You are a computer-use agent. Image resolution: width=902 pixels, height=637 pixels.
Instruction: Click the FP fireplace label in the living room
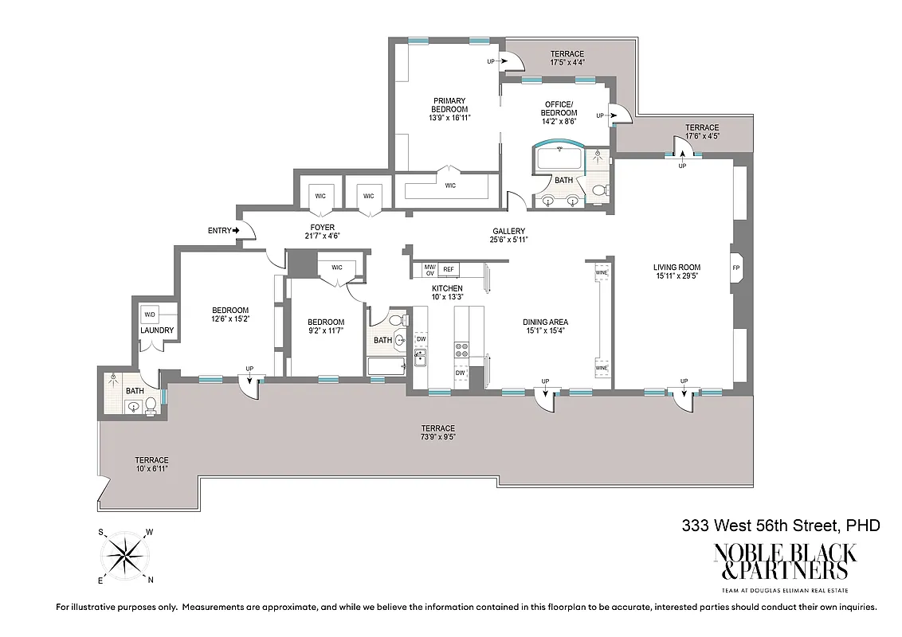(x=735, y=268)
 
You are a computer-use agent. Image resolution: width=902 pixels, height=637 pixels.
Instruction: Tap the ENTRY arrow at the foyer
(x=237, y=231)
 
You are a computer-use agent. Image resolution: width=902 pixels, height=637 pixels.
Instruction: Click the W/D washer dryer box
(x=151, y=312)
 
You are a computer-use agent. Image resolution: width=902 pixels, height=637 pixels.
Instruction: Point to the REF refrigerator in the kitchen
(x=449, y=269)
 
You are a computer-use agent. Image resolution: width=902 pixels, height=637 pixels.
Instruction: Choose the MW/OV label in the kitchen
(x=429, y=269)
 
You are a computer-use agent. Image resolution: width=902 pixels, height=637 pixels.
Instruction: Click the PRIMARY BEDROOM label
(x=449, y=109)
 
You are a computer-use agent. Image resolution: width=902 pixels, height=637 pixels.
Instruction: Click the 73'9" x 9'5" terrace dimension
(x=438, y=436)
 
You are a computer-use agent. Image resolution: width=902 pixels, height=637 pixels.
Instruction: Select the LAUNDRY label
(x=157, y=330)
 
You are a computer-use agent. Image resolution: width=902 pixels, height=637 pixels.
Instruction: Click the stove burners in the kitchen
(x=461, y=350)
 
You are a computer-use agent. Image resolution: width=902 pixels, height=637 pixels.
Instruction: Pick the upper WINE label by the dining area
(x=602, y=273)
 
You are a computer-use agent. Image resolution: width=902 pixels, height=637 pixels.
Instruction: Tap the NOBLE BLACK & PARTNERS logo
(x=784, y=561)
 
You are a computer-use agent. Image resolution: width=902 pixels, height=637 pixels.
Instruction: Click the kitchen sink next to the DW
(x=420, y=358)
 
